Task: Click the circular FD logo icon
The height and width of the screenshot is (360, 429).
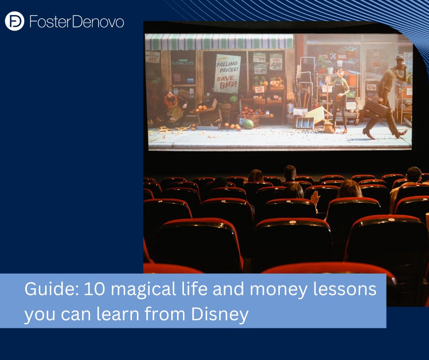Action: coord(15,21)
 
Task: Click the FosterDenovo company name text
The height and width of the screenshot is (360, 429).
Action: coord(76,21)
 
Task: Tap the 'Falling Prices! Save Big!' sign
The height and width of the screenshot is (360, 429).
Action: coord(227,74)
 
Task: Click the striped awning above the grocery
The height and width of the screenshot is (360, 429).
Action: coord(219,42)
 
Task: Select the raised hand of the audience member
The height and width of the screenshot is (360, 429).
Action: coord(315,197)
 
